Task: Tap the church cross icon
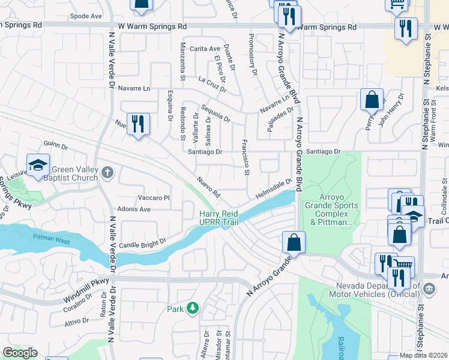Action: click(x=107, y=173)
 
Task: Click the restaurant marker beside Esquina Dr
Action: click(x=139, y=124)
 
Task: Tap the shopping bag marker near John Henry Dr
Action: click(x=372, y=98)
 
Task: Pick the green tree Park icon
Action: click(x=192, y=308)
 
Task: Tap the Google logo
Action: click(x=20, y=353)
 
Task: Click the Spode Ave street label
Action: click(x=86, y=16)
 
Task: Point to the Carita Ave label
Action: click(x=205, y=49)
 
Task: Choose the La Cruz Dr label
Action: click(x=212, y=84)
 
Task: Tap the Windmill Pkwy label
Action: click(x=87, y=290)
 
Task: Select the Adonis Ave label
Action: click(x=136, y=209)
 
